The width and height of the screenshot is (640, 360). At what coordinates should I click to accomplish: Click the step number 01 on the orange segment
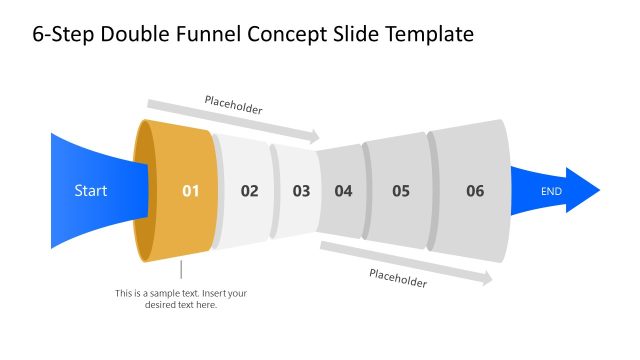pos(190,190)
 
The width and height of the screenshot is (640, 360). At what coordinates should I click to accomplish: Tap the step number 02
pos(249,190)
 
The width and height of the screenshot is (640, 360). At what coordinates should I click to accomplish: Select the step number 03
pos(301,190)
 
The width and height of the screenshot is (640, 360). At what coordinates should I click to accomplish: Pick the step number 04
pos(343,190)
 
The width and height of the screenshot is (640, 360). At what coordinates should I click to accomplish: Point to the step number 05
pos(401,190)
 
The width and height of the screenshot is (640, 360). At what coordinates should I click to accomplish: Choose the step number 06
pos(475,190)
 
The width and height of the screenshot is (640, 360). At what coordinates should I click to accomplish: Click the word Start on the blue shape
pos(90,190)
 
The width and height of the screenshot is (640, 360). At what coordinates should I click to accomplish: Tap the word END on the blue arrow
pos(552,190)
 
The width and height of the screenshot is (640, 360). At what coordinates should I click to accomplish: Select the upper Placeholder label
pos(233,103)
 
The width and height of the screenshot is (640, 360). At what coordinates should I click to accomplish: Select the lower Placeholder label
pos(398,278)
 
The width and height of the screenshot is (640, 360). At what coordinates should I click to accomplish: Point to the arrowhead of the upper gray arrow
pos(315,137)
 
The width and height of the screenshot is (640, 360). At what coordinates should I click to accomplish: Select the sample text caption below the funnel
pos(180,298)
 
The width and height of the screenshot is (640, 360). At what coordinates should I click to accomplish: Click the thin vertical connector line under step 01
pos(181,269)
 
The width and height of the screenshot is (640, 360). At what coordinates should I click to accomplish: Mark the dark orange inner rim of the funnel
pos(144,190)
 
